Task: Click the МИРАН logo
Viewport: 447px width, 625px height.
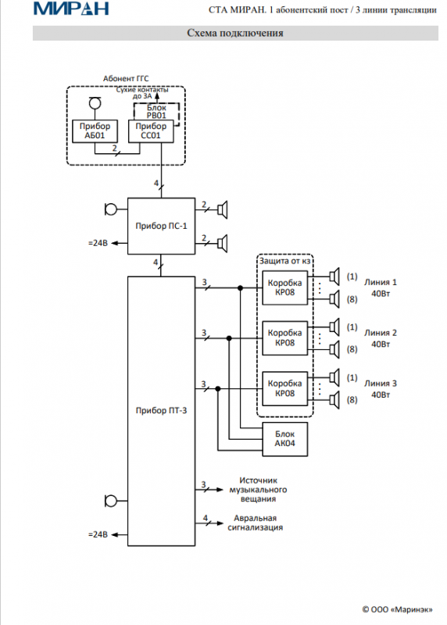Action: (x=71, y=8)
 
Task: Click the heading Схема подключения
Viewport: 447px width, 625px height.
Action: (x=235, y=33)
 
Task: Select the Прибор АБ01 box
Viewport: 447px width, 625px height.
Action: (x=95, y=131)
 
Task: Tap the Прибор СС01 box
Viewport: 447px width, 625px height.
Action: (x=151, y=131)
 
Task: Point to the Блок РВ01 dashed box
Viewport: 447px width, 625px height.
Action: (x=156, y=112)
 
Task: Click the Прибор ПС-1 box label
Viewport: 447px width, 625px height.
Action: (x=161, y=226)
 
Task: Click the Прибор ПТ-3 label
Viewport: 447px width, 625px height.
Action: (x=161, y=411)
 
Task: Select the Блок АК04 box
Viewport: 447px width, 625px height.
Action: (x=284, y=439)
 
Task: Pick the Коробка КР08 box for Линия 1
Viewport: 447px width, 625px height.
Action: (x=284, y=287)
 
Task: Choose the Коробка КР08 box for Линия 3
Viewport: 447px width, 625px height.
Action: (x=284, y=388)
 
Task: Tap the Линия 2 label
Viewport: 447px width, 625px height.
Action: (x=381, y=333)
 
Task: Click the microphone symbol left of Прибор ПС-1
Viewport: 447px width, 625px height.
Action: (x=110, y=209)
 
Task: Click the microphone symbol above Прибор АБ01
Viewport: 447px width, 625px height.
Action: (x=95, y=103)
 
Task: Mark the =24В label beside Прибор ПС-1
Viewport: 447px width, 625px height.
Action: (x=98, y=243)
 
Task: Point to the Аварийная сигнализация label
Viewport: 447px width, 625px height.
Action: (x=256, y=523)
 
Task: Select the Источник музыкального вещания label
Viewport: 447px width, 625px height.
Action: (x=258, y=490)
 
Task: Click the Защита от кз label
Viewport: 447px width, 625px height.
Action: (x=284, y=261)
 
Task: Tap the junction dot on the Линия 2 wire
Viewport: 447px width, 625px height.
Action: (x=229, y=338)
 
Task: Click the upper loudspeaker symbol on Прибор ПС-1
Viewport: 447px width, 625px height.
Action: (x=223, y=209)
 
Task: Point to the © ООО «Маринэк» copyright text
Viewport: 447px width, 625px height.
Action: (x=397, y=609)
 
